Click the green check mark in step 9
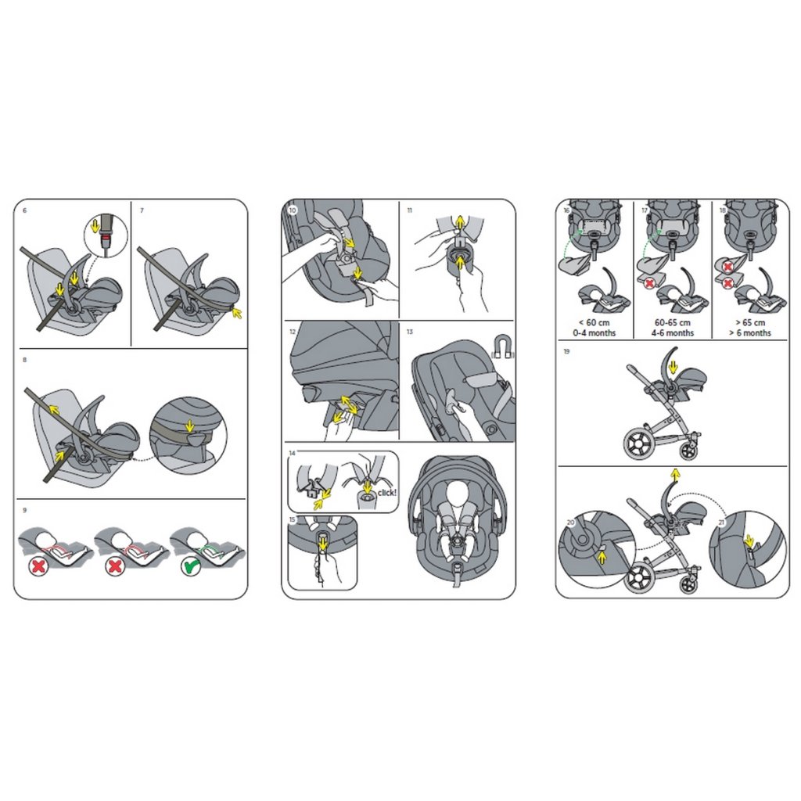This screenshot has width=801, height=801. click(190, 567)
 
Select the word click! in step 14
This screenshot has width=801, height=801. click(386, 493)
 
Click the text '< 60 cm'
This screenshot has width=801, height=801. click(594, 323)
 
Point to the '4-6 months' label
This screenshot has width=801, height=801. click(672, 333)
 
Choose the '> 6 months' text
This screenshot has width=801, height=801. click(750, 333)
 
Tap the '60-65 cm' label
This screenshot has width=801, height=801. click(672, 323)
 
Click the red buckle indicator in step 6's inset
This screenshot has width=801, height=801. click(106, 237)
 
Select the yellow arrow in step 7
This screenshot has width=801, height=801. click(236, 312)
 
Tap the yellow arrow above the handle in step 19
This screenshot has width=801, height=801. click(673, 366)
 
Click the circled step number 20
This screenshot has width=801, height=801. click(570, 523)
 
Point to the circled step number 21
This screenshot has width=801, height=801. click(721, 523)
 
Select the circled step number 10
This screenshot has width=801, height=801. click(293, 210)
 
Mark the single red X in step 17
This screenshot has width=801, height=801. click(649, 283)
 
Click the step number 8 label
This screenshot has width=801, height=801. click(24, 360)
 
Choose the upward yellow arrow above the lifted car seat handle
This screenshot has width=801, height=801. click(675, 475)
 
